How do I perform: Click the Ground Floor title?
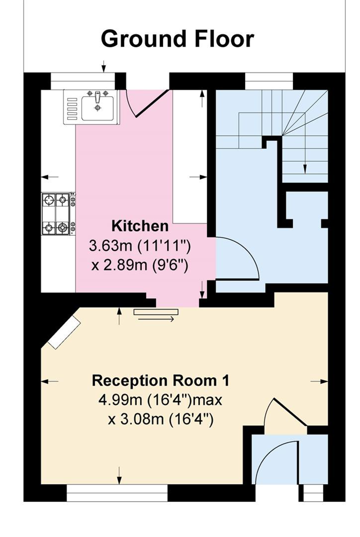pyautogui.click(x=178, y=39)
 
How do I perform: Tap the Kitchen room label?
pyautogui.click(x=140, y=226)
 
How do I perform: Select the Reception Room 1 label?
pyautogui.click(x=161, y=381)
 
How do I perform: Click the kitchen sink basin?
pyautogui.click(x=98, y=108)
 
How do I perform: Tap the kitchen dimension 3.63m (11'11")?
pyautogui.click(x=140, y=246)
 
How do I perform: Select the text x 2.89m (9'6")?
pyautogui.click(x=140, y=265)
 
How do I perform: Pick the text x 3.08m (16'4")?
pyautogui.click(x=160, y=420)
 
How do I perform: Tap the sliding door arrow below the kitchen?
pyautogui.click(x=156, y=319)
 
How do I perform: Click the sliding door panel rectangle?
pyautogui.click(x=156, y=312)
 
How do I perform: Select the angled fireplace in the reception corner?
pyautogui.click(x=64, y=331)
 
